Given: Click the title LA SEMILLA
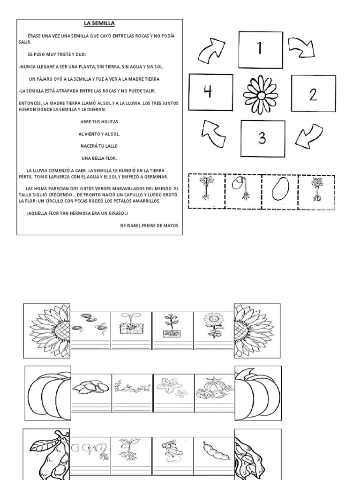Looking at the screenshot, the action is click(99, 23).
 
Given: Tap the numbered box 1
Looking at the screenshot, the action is click(261, 50).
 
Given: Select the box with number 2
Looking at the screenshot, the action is click(313, 93).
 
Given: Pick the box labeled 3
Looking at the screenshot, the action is click(263, 138).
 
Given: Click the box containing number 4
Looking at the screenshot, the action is click(210, 92).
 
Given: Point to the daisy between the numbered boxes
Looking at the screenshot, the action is click(261, 96).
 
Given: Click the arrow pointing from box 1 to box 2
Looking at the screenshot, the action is click(301, 47).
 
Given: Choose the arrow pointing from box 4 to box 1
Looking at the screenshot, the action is click(211, 52).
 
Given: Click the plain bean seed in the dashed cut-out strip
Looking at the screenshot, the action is click(280, 188).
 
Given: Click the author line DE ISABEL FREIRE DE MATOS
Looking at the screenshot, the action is click(150, 225).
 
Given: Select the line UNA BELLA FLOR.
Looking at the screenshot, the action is click(99, 158).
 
